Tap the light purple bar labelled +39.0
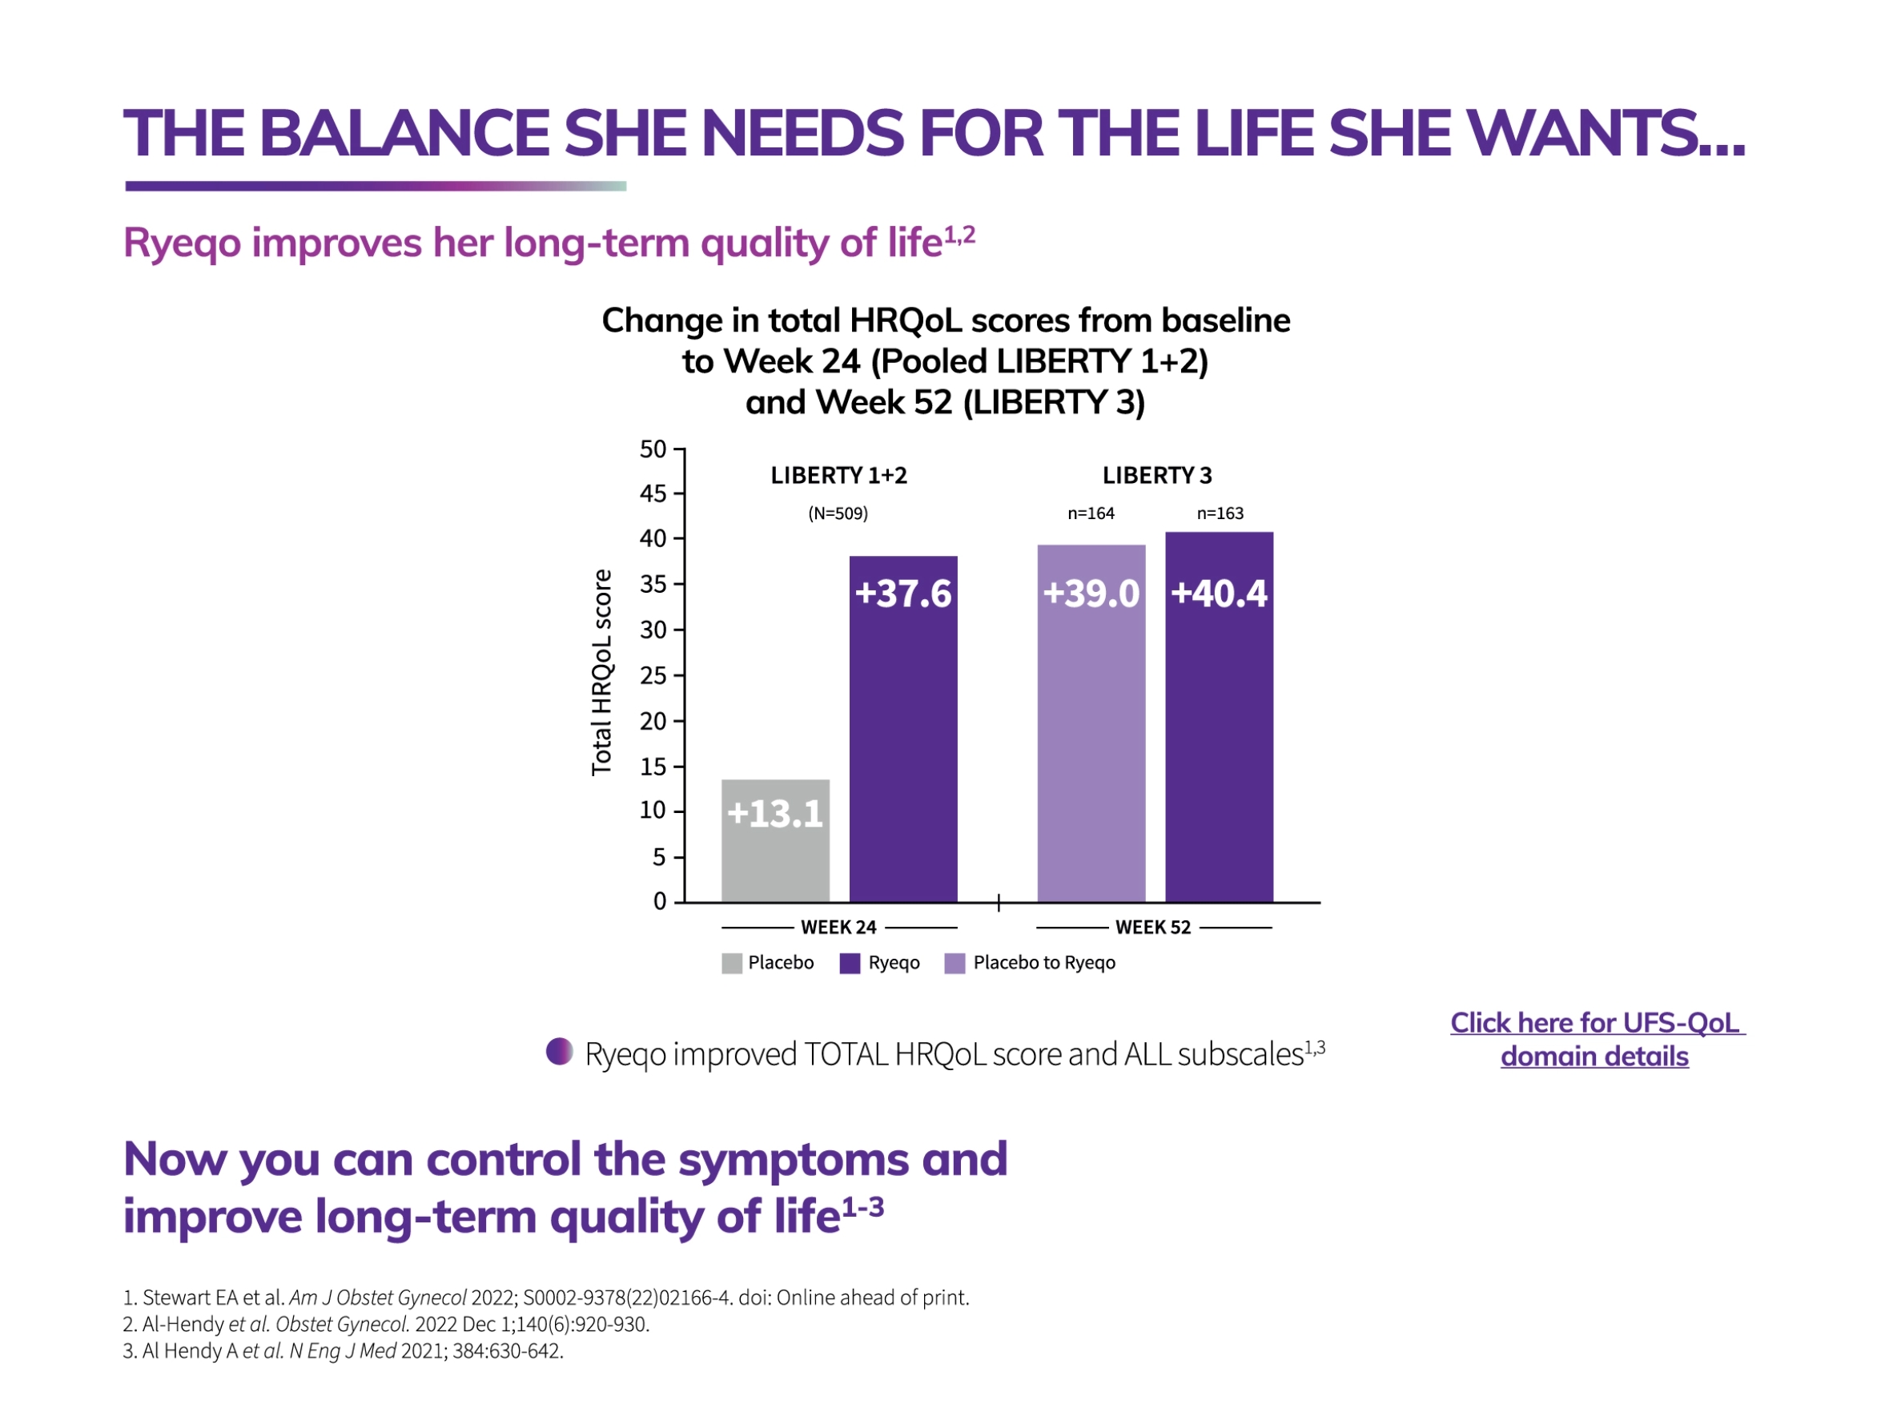coord(1090,723)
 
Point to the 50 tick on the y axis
coord(652,449)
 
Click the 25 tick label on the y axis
coord(652,675)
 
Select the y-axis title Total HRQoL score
coord(601,672)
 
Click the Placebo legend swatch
coord(731,963)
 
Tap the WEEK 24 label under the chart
coord(838,927)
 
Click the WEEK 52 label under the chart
coord(1152,927)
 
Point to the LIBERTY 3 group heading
coord(1156,476)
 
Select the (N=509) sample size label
coord(838,513)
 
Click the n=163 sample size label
coord(1220,513)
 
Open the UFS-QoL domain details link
coord(1595,1038)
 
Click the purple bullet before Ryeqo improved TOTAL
coord(560,1051)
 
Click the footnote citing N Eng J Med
coord(343,1351)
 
